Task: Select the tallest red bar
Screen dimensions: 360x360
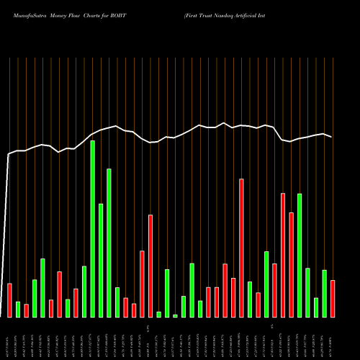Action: pos(241,248)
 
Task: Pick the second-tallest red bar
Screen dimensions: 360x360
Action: pos(283,255)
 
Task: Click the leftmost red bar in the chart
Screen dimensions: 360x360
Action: pos(9,300)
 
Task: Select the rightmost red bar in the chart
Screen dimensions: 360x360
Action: pos(333,299)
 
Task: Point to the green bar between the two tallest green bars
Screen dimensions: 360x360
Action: pos(101,260)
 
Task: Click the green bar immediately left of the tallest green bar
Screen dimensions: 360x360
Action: pos(84,292)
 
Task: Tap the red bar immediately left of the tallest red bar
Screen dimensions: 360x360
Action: pos(233,297)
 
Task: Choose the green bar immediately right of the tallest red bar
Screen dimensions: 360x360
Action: pos(250,299)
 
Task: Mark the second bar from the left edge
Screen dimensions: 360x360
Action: pos(18,310)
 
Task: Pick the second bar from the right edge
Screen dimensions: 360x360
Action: pos(324,293)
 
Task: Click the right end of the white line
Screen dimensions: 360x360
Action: pos(332,137)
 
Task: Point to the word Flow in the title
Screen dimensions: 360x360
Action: pos(79,15)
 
